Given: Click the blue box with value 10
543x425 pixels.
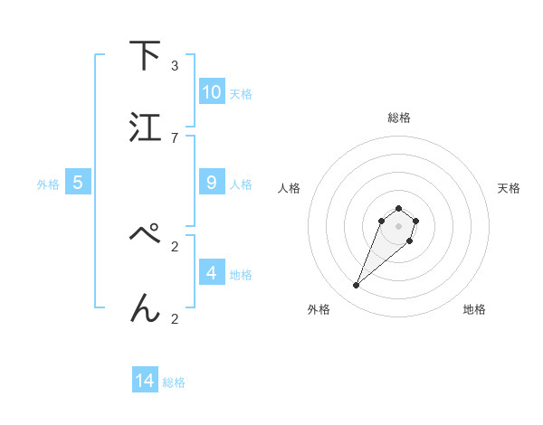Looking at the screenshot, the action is pos(212,92).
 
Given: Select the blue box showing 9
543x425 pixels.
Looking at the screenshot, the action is pos(212,183).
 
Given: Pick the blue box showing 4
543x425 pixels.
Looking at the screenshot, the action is pos(212,273).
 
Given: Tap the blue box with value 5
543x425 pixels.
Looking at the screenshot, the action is pos(78,183).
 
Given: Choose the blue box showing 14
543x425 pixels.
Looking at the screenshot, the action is pos(145,382).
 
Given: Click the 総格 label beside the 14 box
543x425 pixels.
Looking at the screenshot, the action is pos(174,382).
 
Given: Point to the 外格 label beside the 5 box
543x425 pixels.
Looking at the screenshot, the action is pos(48,184).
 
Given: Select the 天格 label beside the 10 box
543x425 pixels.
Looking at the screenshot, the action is pos(241,93).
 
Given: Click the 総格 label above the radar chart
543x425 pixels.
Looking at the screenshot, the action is pos(398,118).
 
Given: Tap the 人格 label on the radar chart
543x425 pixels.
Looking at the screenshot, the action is pos(290,188).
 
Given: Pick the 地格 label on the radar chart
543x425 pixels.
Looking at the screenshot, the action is pos(474,310).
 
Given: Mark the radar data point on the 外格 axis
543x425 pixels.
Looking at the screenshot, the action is pos(357,286).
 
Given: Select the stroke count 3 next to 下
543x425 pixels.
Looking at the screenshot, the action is pos(175,65).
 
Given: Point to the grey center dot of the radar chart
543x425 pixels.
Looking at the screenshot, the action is pos(398,225).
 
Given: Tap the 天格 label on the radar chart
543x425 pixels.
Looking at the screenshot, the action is pos(509,188).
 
